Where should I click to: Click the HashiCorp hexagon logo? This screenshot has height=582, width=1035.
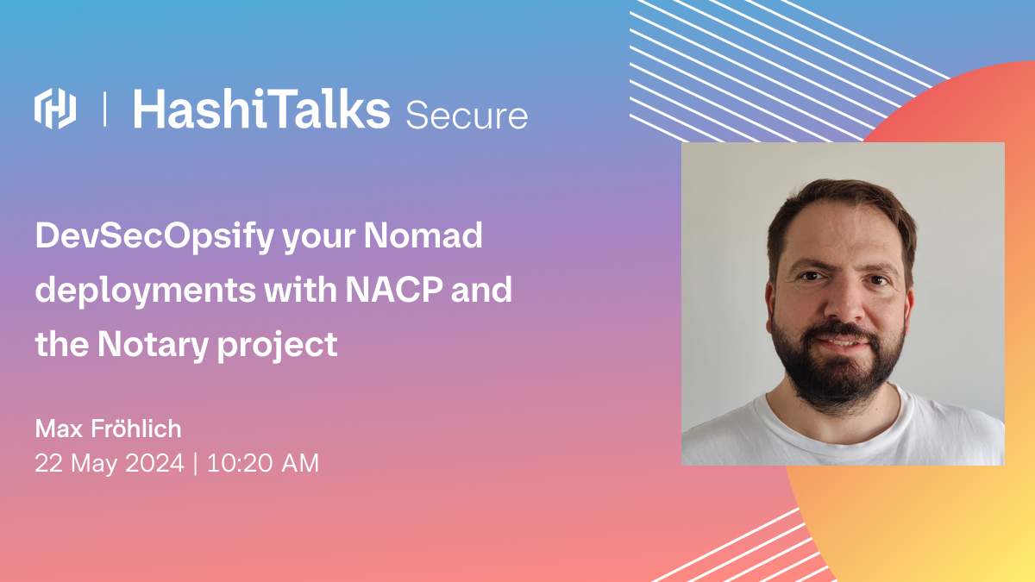[55, 108]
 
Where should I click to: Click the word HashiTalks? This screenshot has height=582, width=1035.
[261, 109]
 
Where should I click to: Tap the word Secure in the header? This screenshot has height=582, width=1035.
[467, 116]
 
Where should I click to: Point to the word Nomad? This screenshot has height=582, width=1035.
[423, 235]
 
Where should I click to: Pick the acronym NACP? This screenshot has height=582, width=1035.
[394, 290]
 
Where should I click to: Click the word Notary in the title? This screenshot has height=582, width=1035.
[153, 346]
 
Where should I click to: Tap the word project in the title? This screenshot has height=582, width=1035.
[277, 346]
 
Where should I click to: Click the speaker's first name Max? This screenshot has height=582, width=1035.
[59, 429]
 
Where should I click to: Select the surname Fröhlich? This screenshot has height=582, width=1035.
[136, 429]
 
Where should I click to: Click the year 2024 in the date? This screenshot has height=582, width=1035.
[154, 463]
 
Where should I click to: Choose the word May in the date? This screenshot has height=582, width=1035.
[94, 464]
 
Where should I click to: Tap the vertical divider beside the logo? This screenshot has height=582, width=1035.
[105, 109]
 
